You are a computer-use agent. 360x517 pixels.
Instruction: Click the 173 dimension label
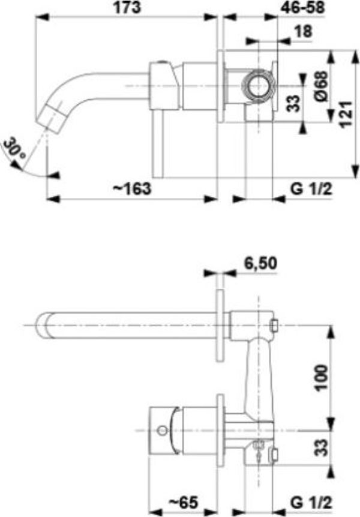coord(127,8)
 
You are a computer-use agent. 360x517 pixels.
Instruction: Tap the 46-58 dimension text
coord(302,8)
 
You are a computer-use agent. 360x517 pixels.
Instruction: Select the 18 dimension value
coord(302,32)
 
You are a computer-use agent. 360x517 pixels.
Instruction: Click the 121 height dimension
coord(346,114)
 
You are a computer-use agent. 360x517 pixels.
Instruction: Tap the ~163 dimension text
coord(131,189)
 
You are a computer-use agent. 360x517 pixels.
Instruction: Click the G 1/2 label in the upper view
coord(311,189)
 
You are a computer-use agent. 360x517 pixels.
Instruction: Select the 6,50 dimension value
coord(260,263)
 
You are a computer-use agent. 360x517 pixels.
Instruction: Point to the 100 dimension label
coord(322,377)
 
